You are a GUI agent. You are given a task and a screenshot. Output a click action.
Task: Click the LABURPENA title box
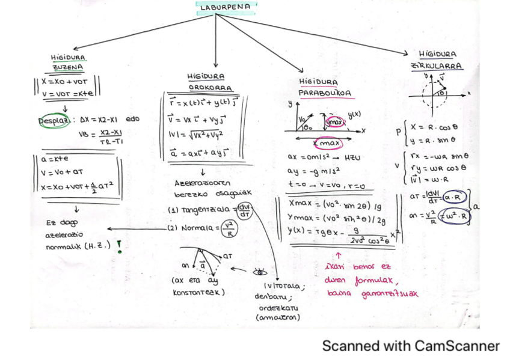(x=226, y=7)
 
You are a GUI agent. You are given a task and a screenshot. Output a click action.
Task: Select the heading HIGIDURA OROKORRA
(x=206, y=82)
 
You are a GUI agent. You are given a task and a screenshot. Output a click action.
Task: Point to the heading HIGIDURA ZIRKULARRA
(x=437, y=59)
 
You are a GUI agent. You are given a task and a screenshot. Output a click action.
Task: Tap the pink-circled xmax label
(x=328, y=144)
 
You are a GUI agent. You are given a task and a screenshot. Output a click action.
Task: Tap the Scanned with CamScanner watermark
(x=411, y=346)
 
